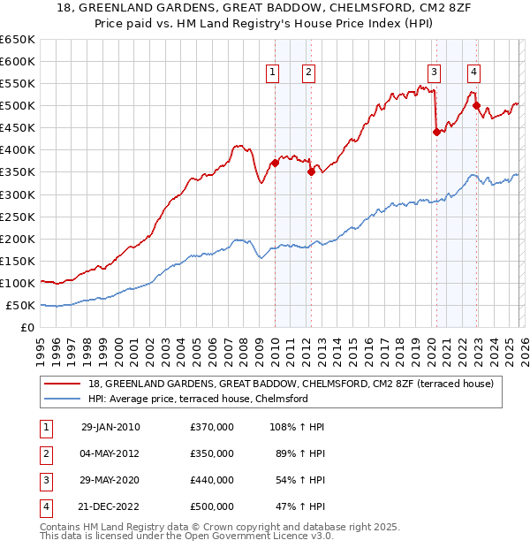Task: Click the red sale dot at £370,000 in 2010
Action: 275,163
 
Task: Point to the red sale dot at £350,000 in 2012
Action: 311,171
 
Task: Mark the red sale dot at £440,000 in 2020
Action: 436,132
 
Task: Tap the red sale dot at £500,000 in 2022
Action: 477,105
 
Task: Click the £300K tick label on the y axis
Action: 18,194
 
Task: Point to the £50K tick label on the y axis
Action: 20,306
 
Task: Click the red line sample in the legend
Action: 62,384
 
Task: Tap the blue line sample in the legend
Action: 62,399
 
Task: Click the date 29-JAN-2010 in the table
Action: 110,427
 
